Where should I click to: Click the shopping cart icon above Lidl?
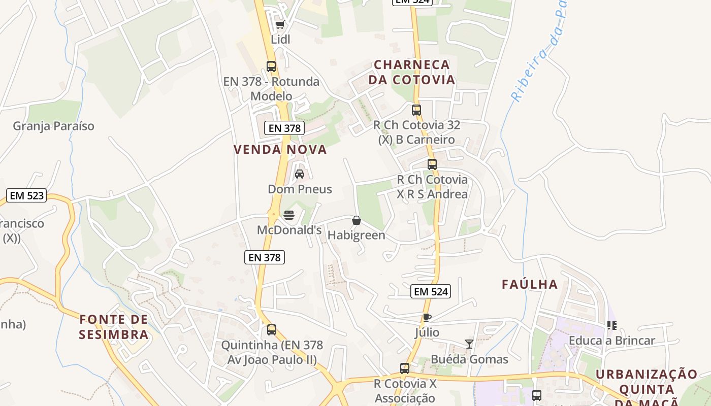(280, 24)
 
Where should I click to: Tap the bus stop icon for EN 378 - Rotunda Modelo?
(271, 66)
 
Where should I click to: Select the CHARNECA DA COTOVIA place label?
(412, 73)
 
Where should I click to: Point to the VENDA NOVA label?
(280, 150)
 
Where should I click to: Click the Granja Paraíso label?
(54, 126)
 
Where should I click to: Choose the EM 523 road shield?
(27, 195)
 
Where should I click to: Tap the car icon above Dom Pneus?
(300, 174)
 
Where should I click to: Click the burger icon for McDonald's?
(289, 215)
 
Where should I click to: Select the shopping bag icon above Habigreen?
(357, 220)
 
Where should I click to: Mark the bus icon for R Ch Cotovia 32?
(416, 110)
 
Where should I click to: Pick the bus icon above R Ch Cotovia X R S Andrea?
(432, 164)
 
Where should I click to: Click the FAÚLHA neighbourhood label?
(530, 285)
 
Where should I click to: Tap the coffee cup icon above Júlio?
(427, 318)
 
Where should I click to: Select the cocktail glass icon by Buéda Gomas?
(469, 344)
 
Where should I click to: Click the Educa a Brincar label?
(612, 341)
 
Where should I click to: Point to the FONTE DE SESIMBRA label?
(114, 327)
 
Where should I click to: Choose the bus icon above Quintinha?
(272, 330)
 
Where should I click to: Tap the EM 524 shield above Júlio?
(431, 291)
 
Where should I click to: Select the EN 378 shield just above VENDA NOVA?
(284, 128)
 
